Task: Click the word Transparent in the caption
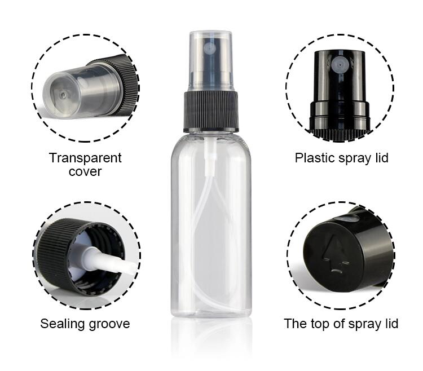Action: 85,158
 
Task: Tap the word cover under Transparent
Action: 85,172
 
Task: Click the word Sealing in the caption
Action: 62,324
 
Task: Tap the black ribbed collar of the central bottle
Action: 211,111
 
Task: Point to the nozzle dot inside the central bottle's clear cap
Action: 210,49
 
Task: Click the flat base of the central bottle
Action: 211,313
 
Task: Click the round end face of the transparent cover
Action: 61,95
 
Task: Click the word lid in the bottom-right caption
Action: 391,323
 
